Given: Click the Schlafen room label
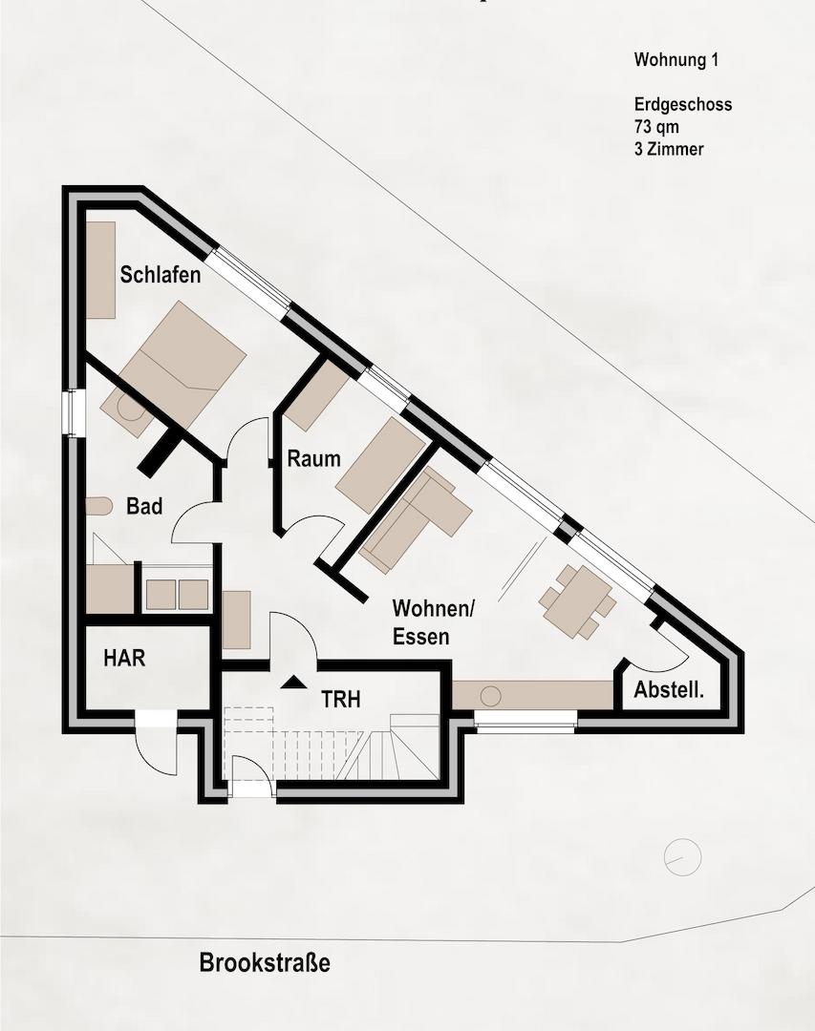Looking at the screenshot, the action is pos(160,274).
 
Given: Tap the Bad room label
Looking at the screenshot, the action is pos(144,506).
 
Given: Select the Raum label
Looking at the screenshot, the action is pos(314,458).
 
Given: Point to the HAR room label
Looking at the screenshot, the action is pos(124,658).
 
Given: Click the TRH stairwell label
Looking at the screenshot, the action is pos(341,699).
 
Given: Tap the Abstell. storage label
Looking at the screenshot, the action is pos(669,690).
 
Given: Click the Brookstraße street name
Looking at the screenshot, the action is pos(265,962).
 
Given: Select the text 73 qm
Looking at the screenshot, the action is pos(656,126).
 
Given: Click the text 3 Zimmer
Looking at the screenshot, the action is pos(669,149).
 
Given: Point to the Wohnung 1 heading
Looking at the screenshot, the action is pos(676,60).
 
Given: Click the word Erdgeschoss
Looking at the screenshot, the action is pos(683,105).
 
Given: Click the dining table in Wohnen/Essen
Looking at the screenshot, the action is pos(577,601).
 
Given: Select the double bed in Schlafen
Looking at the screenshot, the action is pos(184,363).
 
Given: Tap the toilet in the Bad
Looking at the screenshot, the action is pos(98,506).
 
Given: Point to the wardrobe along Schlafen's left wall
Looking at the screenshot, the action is pos(100,270).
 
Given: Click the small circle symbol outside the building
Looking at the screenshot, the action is pos(683,856).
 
